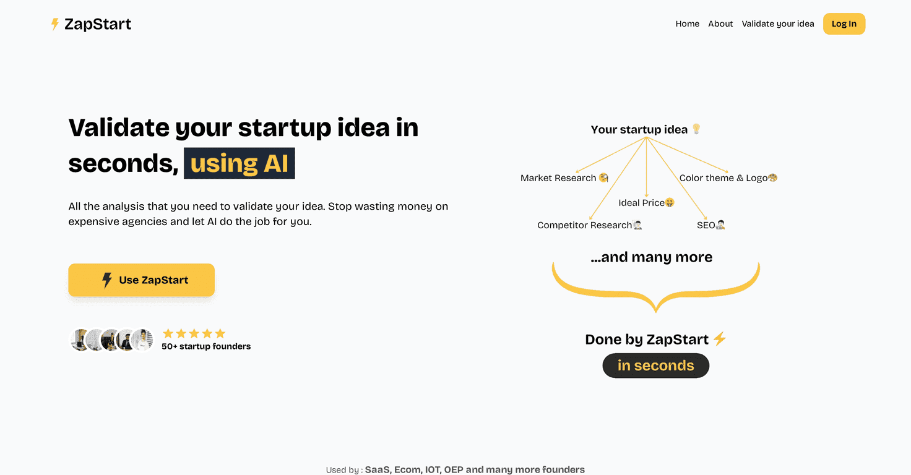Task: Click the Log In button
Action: (844, 24)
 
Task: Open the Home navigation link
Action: (687, 24)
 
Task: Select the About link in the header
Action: (720, 24)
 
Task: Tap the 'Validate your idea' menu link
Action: (778, 24)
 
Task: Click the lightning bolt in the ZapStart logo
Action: (55, 24)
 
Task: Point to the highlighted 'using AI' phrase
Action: (239, 163)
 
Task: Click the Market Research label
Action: (558, 178)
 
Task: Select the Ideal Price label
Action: (641, 203)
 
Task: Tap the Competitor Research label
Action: (584, 225)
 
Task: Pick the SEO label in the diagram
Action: (706, 225)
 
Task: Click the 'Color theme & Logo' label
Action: (723, 178)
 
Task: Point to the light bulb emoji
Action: (696, 129)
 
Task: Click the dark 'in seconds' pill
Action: (655, 366)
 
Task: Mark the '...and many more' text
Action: (652, 257)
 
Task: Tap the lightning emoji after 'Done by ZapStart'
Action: (719, 339)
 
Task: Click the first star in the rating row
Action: (168, 333)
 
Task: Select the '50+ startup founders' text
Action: (206, 346)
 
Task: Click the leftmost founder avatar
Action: (79, 340)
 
